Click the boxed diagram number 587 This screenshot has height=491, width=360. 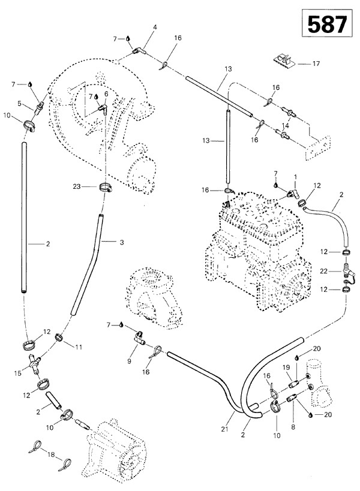coord(326,25)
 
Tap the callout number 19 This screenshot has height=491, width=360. coord(286,367)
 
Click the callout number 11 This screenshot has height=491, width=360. coord(77,346)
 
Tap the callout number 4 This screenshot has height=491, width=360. coord(155,27)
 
